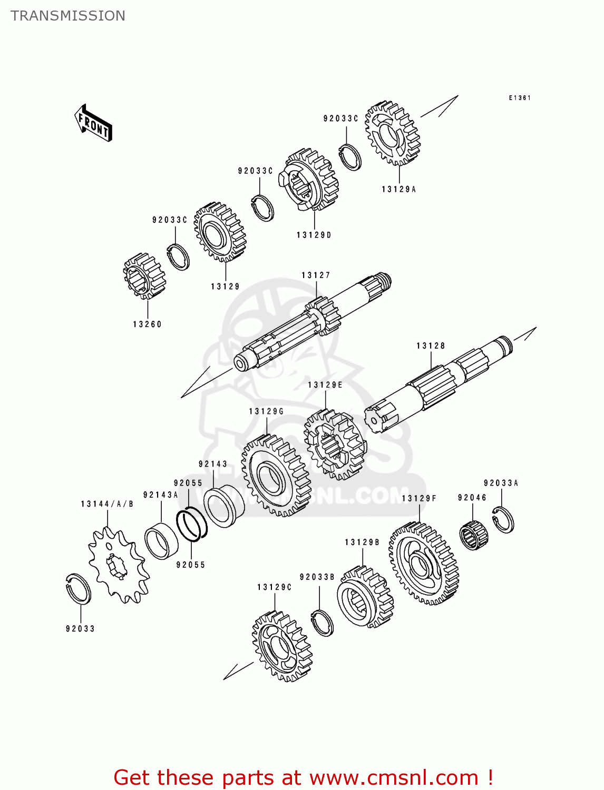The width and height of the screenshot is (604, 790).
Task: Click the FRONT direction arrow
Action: [x=93, y=123]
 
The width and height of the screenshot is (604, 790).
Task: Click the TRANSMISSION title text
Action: [x=68, y=16]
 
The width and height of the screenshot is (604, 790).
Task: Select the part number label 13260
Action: [x=147, y=324]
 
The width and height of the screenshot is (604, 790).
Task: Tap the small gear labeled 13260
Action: [x=144, y=276]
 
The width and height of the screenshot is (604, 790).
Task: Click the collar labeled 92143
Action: [x=223, y=506]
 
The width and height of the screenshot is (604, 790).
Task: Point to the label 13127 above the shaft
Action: [x=316, y=275]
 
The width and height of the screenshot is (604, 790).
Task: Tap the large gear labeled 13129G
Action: [x=276, y=475]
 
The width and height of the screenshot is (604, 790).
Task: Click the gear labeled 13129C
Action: [x=282, y=646]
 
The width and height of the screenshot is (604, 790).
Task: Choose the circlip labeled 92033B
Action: [x=322, y=623]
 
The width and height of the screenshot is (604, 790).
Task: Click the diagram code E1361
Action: [x=519, y=98]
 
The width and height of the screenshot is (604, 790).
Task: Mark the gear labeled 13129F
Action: [x=423, y=564]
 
